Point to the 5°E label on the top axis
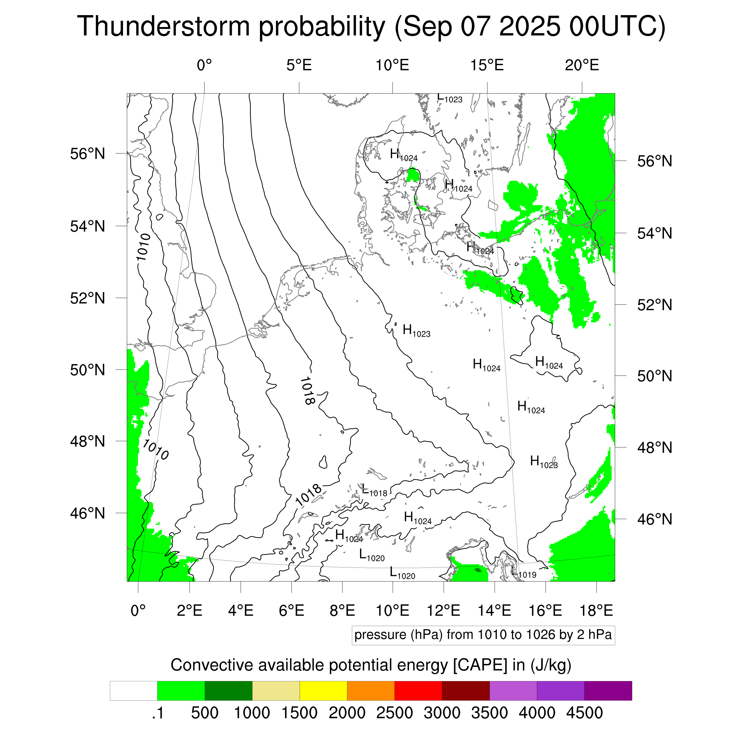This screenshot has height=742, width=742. click(299, 65)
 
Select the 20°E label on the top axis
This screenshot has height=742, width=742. click(581, 65)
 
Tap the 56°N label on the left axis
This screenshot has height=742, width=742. click(88, 154)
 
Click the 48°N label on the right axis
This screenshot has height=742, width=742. click(654, 448)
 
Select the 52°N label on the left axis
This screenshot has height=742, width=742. click(88, 298)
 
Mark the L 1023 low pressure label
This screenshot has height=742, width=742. click(450, 98)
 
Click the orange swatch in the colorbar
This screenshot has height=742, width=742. click(371, 691)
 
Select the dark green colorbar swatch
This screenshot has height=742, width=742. click(228, 691)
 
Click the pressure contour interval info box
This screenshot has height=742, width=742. click(483, 635)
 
